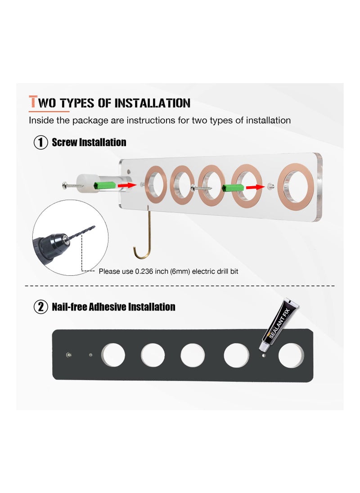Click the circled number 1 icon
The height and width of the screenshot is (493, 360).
41,143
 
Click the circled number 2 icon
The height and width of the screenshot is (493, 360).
41,307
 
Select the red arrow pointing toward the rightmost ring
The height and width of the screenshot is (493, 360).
255,188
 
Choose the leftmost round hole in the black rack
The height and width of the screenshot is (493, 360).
113,355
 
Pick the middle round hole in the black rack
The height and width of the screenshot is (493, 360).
193,355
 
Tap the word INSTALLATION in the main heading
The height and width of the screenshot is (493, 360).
152,103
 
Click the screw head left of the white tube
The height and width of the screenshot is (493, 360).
65,185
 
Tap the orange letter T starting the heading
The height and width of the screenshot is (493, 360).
33,102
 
